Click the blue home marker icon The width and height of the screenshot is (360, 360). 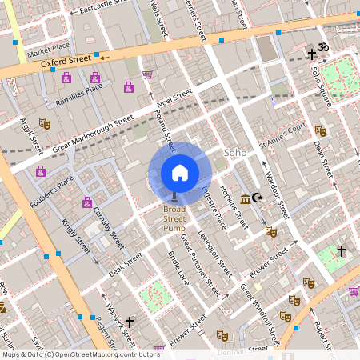180,173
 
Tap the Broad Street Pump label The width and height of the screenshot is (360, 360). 174,218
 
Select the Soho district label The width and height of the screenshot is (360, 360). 235,151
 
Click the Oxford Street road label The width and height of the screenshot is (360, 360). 70,59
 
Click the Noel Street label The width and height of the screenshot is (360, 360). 176,99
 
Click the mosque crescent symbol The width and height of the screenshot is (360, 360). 257,197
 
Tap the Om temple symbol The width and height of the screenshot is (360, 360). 324,48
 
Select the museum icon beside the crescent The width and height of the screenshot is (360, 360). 245,197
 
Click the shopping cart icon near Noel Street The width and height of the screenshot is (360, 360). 147,74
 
